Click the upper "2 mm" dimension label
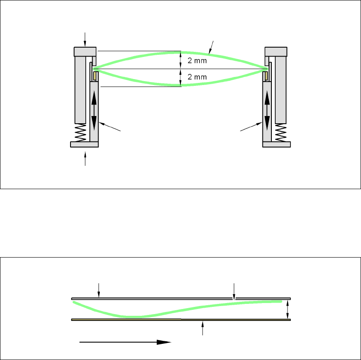pyautogui.click(x=197, y=60)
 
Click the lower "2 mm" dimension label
pyautogui.click(x=197, y=77)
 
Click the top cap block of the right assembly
pyautogui.click(x=276, y=51)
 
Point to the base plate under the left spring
pyautogui.click(x=84, y=145)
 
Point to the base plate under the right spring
pyautogui.click(x=276, y=145)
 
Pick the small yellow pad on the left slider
pyautogui.click(x=96, y=76)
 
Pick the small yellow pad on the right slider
pyautogui.click(x=265, y=76)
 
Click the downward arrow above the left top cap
pyautogui.click(x=85, y=39)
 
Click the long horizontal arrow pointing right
pyautogui.click(x=125, y=342)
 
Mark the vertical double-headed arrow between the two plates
pyautogui.click(x=288, y=309)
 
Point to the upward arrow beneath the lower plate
pyautogui.click(x=203, y=329)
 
